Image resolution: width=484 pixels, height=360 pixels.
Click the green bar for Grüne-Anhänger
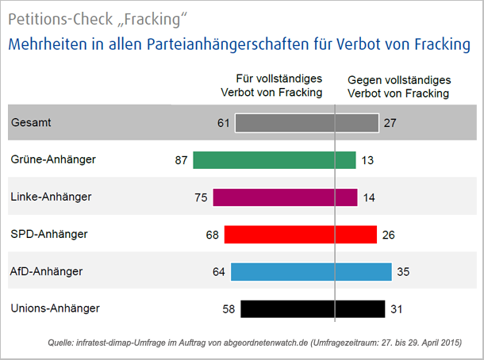[x=274, y=160]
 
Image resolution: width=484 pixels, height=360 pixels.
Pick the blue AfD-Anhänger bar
[x=311, y=272]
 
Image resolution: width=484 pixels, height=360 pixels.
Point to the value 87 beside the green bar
[x=181, y=160]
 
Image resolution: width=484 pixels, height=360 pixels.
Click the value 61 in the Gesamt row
[x=223, y=123]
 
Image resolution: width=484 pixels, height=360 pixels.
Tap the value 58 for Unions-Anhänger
[x=229, y=308]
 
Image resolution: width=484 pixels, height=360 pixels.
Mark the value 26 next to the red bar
[x=388, y=235]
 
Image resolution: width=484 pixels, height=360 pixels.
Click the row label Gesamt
[x=33, y=123]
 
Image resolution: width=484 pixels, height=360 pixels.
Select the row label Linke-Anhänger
[x=52, y=197]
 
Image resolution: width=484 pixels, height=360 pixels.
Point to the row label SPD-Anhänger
[x=49, y=234]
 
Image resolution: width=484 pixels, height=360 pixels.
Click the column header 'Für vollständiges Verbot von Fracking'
[x=271, y=86]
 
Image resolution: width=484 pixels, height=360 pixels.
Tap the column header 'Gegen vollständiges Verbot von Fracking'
[x=398, y=86]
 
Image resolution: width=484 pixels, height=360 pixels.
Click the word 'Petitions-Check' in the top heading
[x=56, y=17]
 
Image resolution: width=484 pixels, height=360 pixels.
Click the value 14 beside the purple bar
[x=370, y=197]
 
